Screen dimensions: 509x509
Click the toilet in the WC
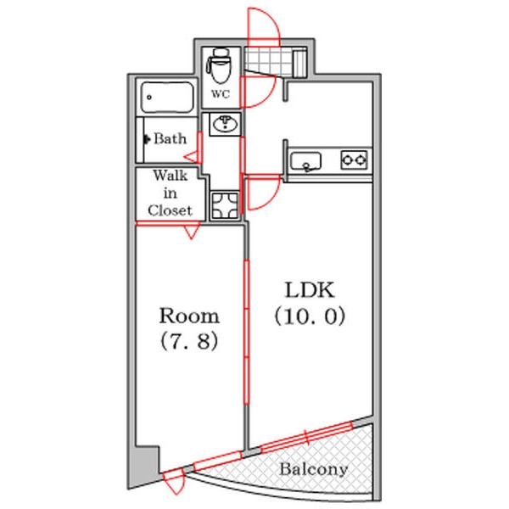coord(221,66)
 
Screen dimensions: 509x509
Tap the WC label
coord(221,94)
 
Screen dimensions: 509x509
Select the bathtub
coord(167,97)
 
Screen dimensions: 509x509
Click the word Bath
coord(171,139)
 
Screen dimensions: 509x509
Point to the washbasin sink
coord(225,124)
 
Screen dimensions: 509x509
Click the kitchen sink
coord(305,161)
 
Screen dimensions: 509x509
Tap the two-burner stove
coord(354,159)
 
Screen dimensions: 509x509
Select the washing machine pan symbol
coord(225,205)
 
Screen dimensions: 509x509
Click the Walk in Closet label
coord(171,193)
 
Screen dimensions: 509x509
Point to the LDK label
coord(310,290)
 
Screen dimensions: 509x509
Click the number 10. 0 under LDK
coord(310,316)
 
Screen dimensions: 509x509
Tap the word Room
coord(189,316)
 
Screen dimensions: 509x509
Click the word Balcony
coord(314,469)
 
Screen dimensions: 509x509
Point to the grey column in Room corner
coord(147,461)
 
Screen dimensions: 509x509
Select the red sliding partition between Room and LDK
coord(246,332)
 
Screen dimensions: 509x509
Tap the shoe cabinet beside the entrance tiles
coord(299,63)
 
